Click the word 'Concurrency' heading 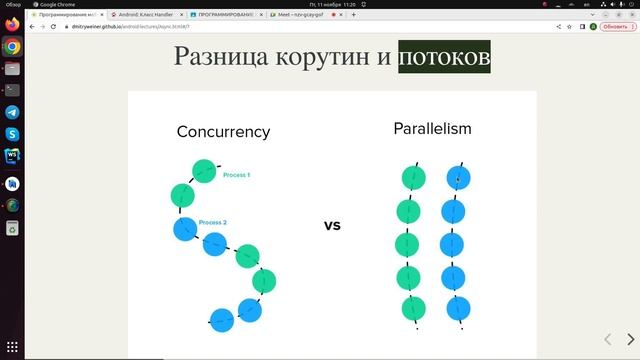point(223,132)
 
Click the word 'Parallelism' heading point(432,129)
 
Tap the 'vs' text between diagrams point(332,225)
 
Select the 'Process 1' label point(236,175)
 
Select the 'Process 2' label point(213,222)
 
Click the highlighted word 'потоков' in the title point(444,57)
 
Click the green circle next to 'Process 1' point(204,171)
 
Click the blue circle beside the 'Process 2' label point(185,229)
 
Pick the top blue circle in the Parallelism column point(458,179)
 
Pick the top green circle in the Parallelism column point(413,179)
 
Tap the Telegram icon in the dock point(12,113)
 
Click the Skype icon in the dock point(12,134)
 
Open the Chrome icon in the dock point(12,47)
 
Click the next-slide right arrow point(630,340)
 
